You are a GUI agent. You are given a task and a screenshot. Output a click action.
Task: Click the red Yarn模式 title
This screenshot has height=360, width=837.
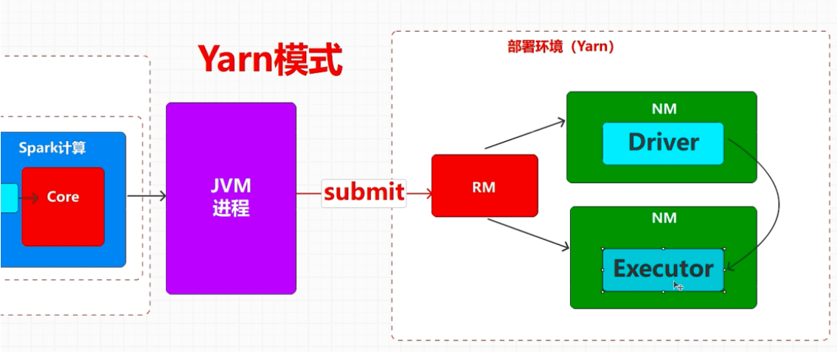[x=269, y=60]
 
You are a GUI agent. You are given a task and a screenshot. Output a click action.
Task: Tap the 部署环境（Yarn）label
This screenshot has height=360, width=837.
[x=560, y=46]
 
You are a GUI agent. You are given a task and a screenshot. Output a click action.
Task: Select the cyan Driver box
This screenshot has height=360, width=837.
[x=663, y=143]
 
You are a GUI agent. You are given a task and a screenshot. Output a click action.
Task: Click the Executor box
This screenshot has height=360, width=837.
[x=663, y=269]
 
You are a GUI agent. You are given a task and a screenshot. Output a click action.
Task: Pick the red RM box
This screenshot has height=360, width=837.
[x=485, y=186]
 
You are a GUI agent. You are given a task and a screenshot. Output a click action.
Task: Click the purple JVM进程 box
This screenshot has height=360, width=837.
[x=231, y=198]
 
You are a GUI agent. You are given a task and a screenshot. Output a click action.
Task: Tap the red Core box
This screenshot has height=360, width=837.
[x=63, y=207]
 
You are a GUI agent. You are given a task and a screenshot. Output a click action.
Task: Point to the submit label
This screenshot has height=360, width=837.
[x=364, y=193]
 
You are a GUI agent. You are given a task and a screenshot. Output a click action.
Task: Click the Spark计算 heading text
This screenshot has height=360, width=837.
[x=52, y=148]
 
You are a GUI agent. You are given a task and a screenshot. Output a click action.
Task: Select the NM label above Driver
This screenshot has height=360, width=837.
[x=664, y=109]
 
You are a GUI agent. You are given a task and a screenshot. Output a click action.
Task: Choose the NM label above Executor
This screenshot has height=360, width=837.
[x=664, y=218]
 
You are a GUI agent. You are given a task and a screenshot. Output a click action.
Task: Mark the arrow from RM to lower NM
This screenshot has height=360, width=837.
[x=528, y=235]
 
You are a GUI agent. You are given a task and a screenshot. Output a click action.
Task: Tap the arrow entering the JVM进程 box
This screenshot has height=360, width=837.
[x=147, y=196]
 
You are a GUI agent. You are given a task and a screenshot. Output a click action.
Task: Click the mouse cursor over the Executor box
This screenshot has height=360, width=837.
[x=678, y=285]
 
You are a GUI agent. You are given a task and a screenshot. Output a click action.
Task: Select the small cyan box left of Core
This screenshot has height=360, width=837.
[x=8, y=198]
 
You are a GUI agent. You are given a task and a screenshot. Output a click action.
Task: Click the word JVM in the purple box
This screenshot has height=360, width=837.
[x=231, y=184]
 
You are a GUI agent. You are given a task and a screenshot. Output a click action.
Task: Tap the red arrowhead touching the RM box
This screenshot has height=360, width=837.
[x=426, y=193]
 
